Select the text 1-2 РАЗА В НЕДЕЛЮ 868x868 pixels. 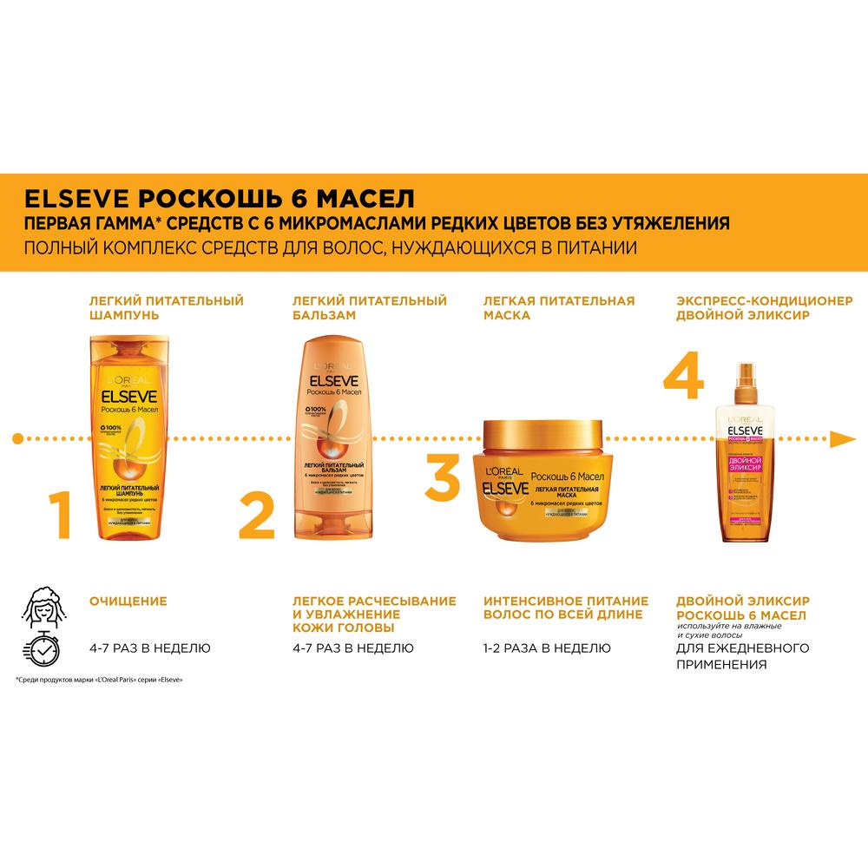pos(547,648)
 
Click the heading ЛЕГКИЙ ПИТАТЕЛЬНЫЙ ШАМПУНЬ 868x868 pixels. pos(166,308)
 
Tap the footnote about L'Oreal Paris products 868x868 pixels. pos(105,680)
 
